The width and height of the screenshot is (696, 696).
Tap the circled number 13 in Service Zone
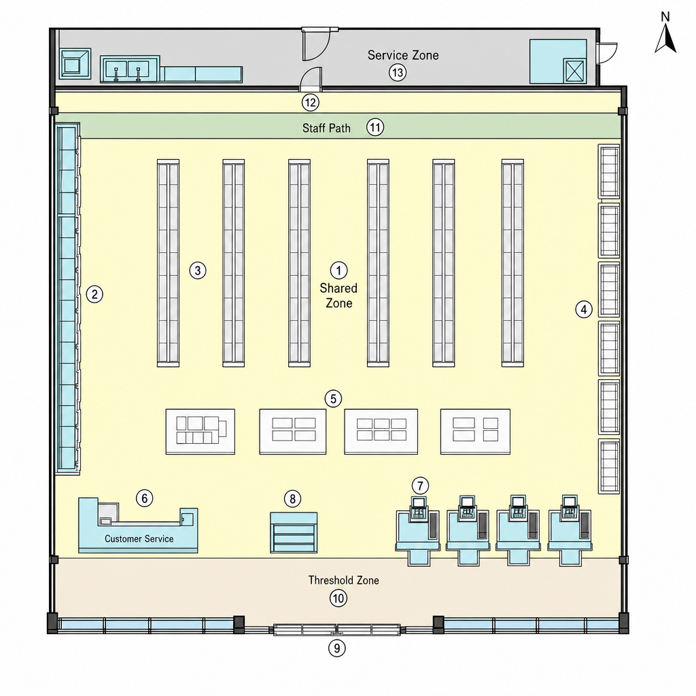pos(397,72)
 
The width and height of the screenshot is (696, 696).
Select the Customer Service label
pos(139,539)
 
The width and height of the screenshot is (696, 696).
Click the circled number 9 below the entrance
pos(337,648)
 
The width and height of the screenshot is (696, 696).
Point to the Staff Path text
pos(326,128)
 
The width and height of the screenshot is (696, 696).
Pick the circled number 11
pos(375,128)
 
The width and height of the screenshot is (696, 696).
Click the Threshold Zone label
pos(343,580)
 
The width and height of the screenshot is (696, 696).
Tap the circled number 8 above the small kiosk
pos(292,499)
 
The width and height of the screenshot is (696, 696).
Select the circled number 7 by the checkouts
pos(420,485)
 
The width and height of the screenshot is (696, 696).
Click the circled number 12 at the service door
pos(310,103)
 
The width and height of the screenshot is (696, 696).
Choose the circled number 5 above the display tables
pos(333,398)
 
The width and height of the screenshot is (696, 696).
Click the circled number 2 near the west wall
pos(94,294)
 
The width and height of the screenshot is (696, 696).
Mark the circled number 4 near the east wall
pos(584,309)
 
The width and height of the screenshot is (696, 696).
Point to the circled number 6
pos(144,498)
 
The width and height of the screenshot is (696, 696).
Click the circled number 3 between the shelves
pos(198,271)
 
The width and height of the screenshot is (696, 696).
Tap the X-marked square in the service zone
pos(574,71)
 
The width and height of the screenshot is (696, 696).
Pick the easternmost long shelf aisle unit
pos(512,263)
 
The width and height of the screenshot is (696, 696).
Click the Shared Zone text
pos(338,296)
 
